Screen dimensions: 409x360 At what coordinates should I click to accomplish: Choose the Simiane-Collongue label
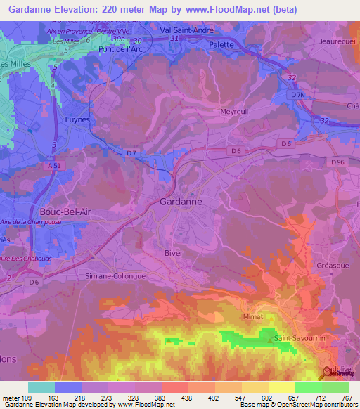[115, 276]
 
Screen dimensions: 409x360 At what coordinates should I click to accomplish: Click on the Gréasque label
[333, 265]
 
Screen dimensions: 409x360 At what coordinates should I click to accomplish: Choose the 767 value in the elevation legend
[346, 398]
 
